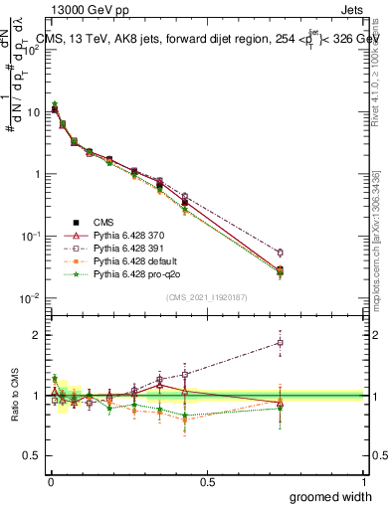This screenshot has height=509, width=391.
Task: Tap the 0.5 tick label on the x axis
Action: coord(207,481)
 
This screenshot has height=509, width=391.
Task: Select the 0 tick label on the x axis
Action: coord(49,481)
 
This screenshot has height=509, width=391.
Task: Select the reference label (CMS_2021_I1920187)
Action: coord(207,296)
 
